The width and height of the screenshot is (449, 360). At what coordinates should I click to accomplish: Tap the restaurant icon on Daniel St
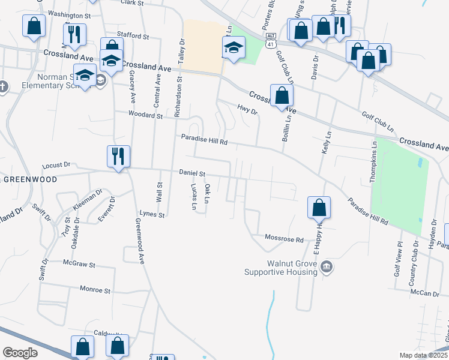point(118,157)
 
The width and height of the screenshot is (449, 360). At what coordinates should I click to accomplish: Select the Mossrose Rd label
point(285,239)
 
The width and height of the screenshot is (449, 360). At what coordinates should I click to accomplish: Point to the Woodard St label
point(146,114)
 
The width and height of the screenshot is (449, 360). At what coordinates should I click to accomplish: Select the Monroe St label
point(95,290)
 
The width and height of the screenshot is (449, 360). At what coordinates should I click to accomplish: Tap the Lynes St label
point(151,214)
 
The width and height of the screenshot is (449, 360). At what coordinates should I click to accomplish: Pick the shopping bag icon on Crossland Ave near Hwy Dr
point(282,96)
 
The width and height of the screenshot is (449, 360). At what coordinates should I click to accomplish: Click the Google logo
point(20,353)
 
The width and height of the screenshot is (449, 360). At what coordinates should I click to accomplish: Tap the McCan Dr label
point(425,293)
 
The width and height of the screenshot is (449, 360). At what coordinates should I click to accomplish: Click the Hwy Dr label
point(247,111)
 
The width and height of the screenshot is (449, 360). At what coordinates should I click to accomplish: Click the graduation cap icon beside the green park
point(234,48)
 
